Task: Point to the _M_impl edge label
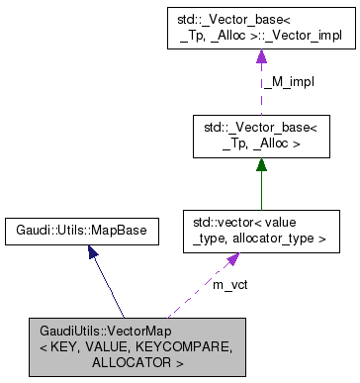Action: (288, 82)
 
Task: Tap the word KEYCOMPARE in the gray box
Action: (185, 345)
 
